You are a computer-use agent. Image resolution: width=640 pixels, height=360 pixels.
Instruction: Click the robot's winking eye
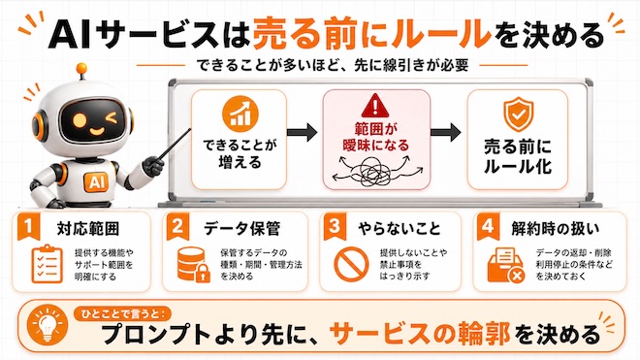110,118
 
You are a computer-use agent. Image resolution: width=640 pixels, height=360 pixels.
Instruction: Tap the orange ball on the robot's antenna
81,68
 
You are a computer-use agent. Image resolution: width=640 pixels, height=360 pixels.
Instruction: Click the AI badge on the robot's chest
96,181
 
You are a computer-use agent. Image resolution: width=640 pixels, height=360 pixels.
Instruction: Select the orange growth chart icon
240,114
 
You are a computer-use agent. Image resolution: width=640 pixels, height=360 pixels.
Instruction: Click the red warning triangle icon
375,106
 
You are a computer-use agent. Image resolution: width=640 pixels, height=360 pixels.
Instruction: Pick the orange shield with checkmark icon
518,115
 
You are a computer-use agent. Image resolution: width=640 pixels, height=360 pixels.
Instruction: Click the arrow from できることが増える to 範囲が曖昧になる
302,132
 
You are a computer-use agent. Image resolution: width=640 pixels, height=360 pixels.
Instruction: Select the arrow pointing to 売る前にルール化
446,132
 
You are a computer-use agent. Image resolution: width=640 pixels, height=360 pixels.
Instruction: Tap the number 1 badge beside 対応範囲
28,226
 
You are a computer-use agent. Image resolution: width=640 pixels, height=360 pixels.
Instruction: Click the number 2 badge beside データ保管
178,226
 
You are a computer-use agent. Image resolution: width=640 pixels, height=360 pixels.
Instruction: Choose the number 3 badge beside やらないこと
335,226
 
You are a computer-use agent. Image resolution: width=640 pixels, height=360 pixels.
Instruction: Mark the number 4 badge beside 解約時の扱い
488,226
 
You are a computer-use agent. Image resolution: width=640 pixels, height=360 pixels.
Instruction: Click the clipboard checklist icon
48,264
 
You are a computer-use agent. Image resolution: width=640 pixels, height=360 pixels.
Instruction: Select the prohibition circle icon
351,264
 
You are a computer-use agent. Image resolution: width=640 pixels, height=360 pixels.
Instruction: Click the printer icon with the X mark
506,265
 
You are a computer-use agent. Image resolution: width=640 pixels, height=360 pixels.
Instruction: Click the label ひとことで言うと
122,313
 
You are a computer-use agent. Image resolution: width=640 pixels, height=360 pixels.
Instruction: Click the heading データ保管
241,228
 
